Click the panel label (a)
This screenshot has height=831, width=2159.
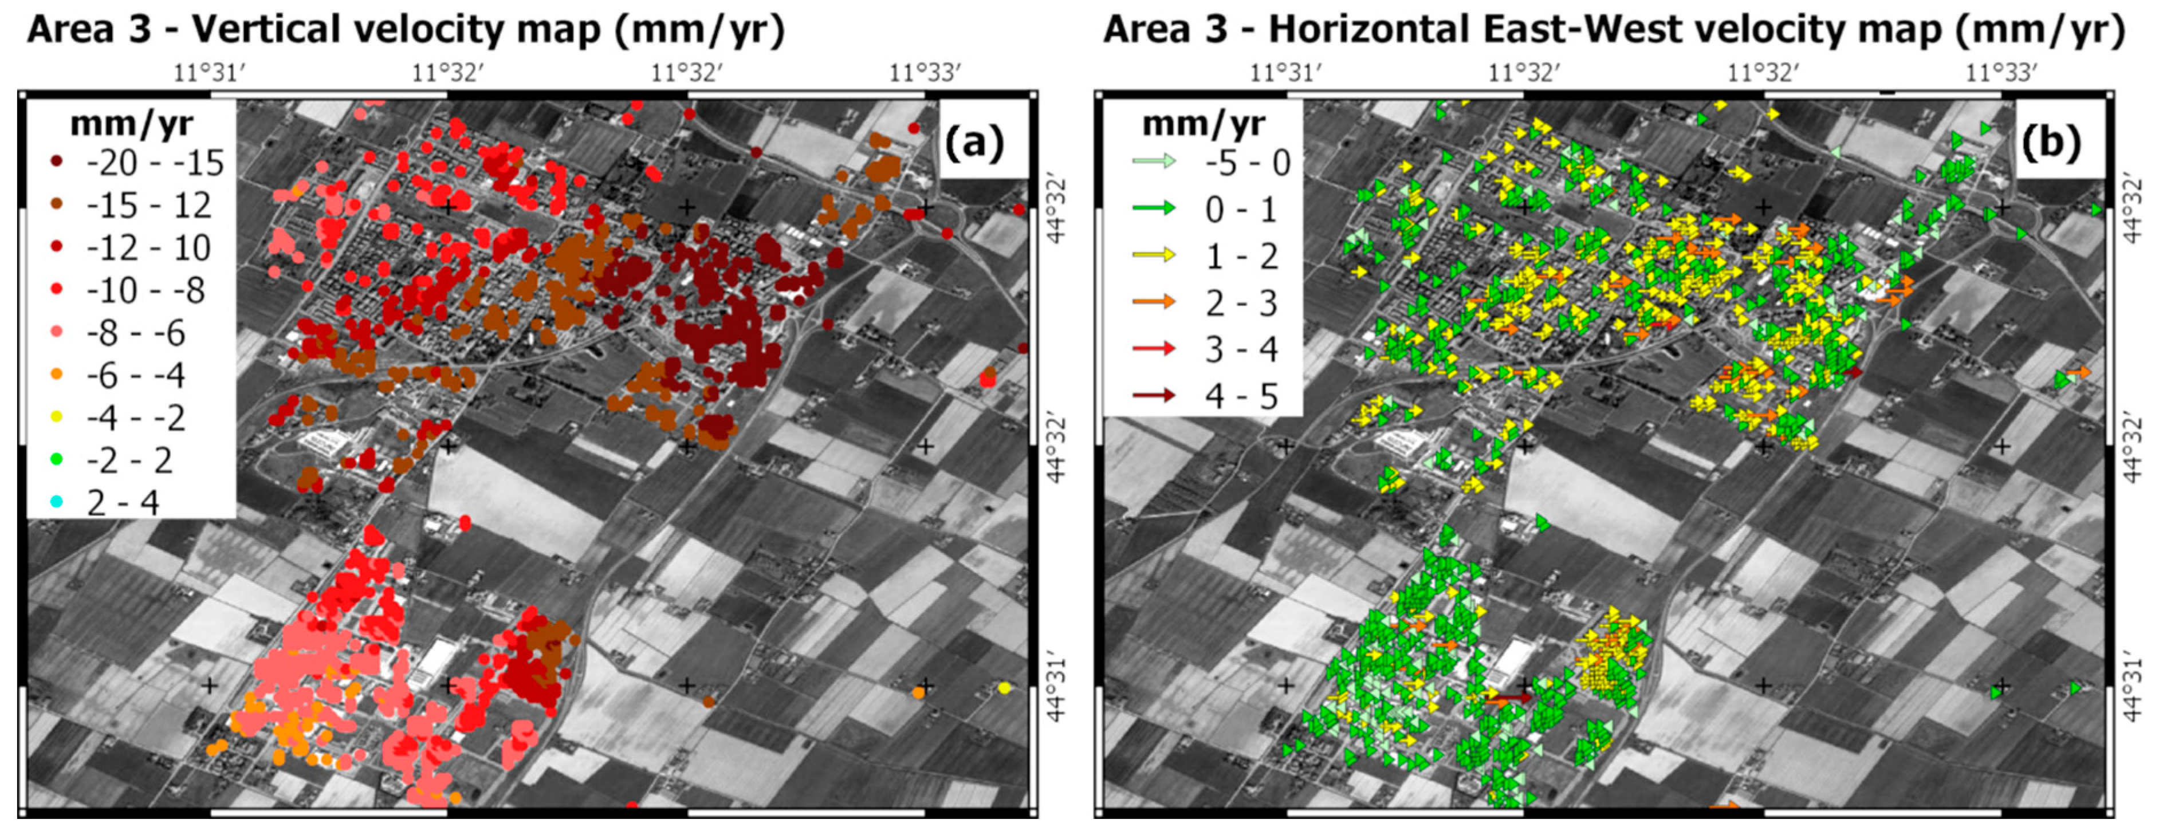(974, 143)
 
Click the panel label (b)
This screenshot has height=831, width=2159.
(2050, 143)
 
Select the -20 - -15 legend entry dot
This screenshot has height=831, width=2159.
(57, 162)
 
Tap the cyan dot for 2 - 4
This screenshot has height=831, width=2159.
(57, 503)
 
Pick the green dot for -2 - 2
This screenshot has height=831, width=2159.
(57, 460)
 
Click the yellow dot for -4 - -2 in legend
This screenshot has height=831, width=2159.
(57, 417)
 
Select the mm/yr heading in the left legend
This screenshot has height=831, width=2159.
(132, 123)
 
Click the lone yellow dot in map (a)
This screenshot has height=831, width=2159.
(1005, 688)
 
